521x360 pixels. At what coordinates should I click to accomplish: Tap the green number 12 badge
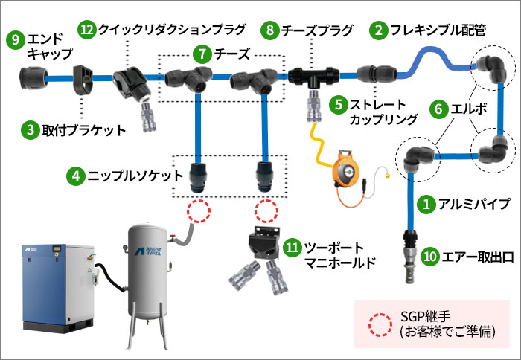click(87, 30)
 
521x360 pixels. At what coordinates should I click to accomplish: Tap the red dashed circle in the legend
click(380, 322)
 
